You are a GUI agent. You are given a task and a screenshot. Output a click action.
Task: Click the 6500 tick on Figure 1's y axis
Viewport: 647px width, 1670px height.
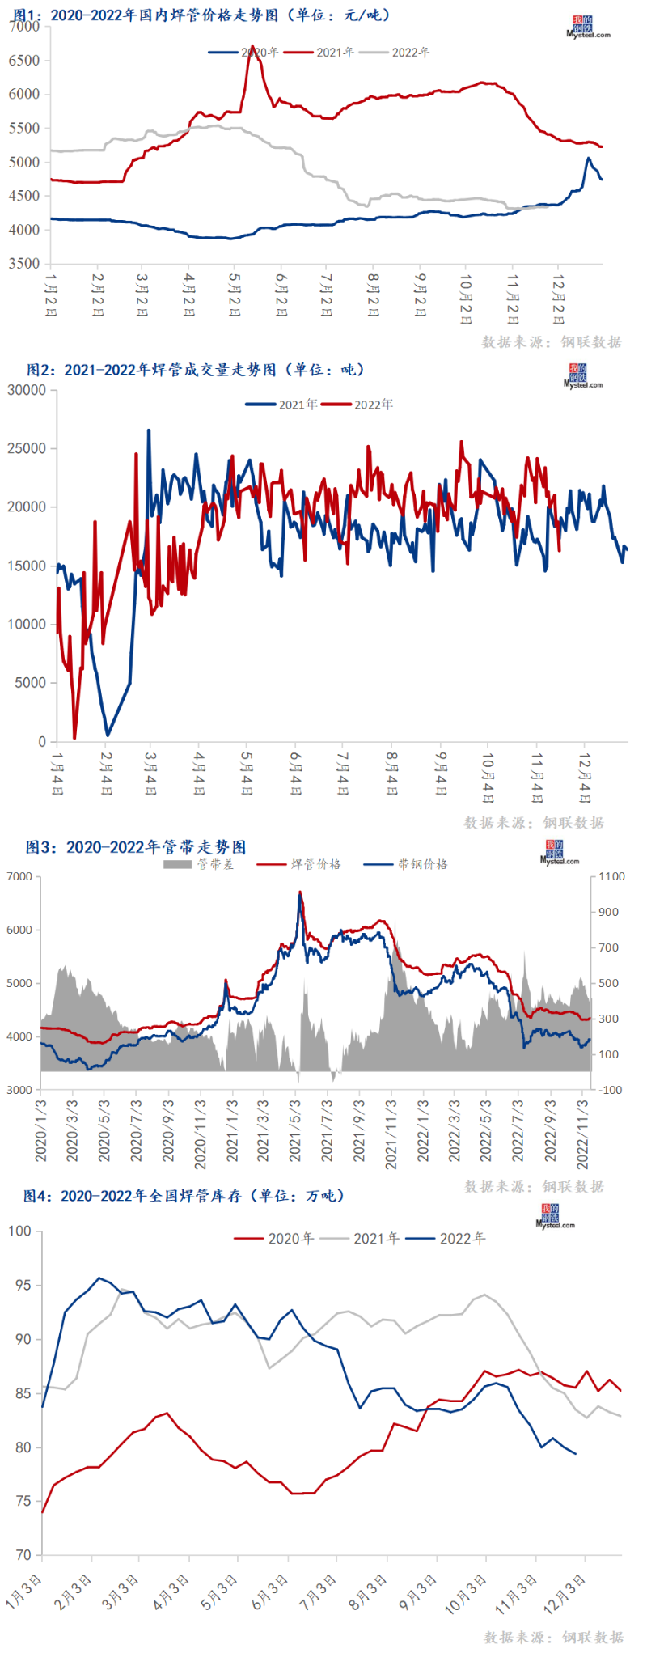[24, 61]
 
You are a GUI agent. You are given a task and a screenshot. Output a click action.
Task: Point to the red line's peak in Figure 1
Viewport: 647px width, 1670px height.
[252, 46]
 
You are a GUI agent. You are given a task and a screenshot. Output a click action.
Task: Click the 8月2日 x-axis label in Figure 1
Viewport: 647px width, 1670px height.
[373, 295]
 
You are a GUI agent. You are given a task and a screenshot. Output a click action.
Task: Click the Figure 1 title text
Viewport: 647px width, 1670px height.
[202, 15]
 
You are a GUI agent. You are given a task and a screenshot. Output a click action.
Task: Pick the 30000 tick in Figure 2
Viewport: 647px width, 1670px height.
[27, 390]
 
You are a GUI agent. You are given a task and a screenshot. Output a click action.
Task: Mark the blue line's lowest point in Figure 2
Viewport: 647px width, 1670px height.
[108, 735]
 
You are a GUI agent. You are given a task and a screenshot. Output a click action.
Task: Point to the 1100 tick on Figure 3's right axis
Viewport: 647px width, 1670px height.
[611, 876]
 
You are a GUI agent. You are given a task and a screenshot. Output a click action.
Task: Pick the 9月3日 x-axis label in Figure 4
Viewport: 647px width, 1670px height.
[418, 1592]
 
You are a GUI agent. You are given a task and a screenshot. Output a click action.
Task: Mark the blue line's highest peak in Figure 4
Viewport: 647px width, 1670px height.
[99, 1278]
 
